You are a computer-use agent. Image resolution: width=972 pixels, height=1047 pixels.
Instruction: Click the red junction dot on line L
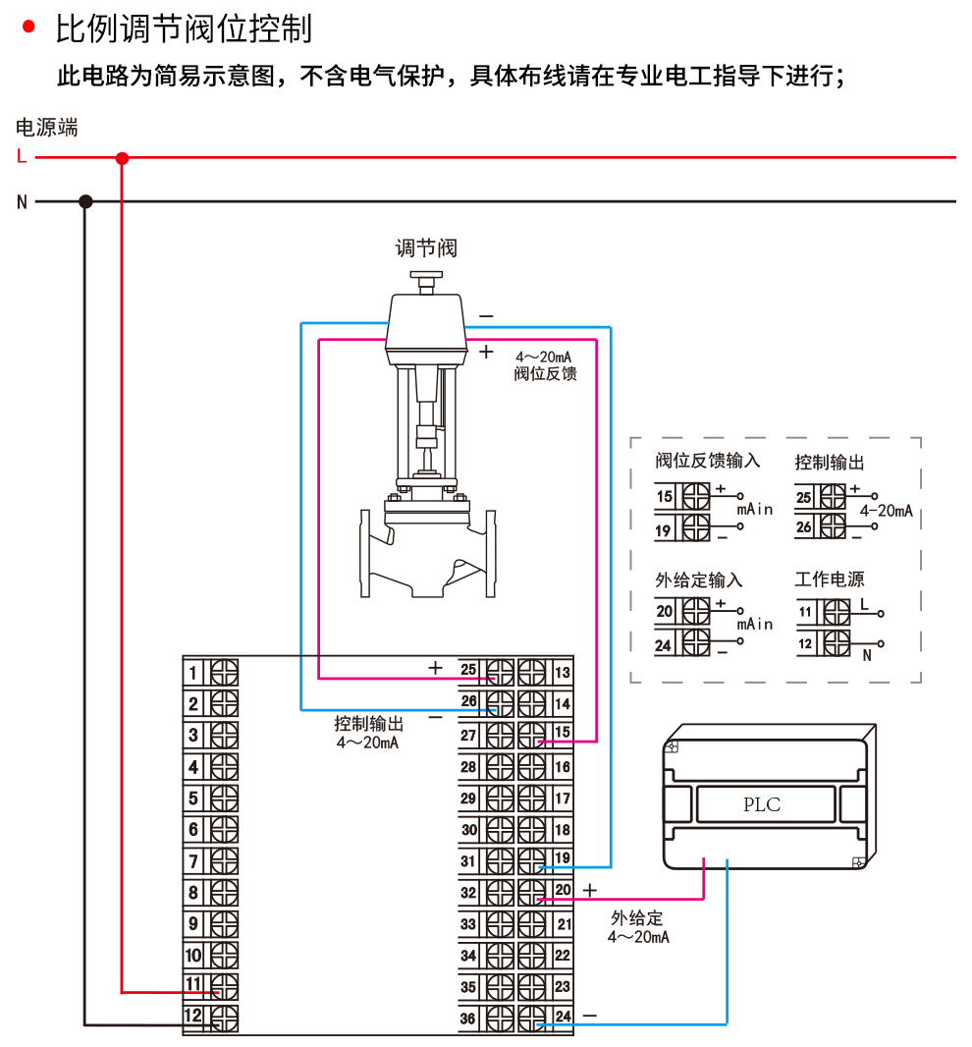tap(122, 158)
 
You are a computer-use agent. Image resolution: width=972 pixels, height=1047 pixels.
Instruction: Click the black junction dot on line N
tap(85, 201)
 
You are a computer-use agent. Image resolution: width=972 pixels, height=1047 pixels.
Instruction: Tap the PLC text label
tap(762, 804)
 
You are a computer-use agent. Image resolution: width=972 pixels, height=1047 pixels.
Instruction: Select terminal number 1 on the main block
tap(193, 673)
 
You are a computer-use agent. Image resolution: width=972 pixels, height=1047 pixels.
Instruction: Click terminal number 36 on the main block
tap(468, 1019)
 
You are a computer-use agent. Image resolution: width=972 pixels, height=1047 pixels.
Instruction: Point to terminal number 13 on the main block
tap(563, 673)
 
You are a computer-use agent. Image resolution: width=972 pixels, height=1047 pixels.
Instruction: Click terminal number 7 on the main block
tap(193, 861)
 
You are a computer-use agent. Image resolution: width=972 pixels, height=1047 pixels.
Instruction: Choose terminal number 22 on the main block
tap(563, 956)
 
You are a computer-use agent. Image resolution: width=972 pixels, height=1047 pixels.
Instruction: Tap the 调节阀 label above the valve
tap(426, 248)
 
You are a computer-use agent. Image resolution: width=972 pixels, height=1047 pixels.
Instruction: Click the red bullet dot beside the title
tap(28, 27)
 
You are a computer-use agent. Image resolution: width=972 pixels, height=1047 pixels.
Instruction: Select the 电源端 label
tap(47, 127)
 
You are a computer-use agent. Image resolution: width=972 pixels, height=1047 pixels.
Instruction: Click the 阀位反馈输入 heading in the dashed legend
tap(707, 461)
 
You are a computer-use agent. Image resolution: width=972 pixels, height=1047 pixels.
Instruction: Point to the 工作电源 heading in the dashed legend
tap(829, 579)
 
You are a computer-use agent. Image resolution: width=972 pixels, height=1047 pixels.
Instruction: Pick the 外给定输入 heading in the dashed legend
tap(698, 579)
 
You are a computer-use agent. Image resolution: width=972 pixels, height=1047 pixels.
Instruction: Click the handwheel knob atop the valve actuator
tap(426, 276)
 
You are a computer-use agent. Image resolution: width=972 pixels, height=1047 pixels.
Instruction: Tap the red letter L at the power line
tap(22, 156)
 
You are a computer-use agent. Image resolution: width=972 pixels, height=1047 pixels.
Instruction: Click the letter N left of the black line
tap(22, 201)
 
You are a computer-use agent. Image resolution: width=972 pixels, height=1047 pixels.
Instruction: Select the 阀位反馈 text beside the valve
tap(546, 374)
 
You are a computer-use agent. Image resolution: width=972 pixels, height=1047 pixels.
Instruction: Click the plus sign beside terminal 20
tap(589, 890)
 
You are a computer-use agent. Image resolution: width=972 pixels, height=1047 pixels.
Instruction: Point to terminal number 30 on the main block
tap(468, 830)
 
